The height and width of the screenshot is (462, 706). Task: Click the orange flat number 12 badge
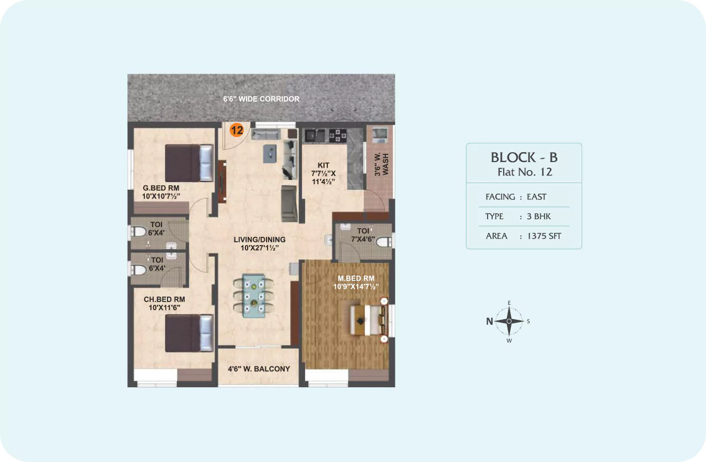(x=237, y=130)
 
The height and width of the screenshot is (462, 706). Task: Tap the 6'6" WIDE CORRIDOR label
(x=262, y=99)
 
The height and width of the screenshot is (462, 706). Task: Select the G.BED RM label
(x=161, y=188)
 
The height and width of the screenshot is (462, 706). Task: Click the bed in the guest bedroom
(x=189, y=163)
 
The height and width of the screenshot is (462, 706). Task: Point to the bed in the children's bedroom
(x=189, y=333)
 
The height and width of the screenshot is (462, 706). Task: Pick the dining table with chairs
(x=253, y=295)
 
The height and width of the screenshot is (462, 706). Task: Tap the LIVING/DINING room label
(x=260, y=240)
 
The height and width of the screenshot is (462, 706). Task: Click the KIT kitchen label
(x=323, y=165)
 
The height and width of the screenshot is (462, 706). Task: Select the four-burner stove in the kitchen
(x=338, y=136)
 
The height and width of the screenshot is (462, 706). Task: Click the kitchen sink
(x=315, y=136)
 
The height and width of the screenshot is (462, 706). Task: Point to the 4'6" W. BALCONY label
(x=259, y=369)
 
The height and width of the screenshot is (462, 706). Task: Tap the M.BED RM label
(x=356, y=278)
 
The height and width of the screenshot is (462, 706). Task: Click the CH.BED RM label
(x=164, y=299)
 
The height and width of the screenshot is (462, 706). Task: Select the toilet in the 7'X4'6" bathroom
(x=384, y=242)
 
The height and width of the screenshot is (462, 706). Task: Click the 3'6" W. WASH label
(x=381, y=164)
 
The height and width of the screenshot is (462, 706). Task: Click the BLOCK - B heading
(x=524, y=157)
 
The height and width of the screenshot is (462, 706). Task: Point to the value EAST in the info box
(x=536, y=197)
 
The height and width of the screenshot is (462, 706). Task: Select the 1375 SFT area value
(x=544, y=236)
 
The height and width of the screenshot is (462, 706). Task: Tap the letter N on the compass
(x=489, y=321)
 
